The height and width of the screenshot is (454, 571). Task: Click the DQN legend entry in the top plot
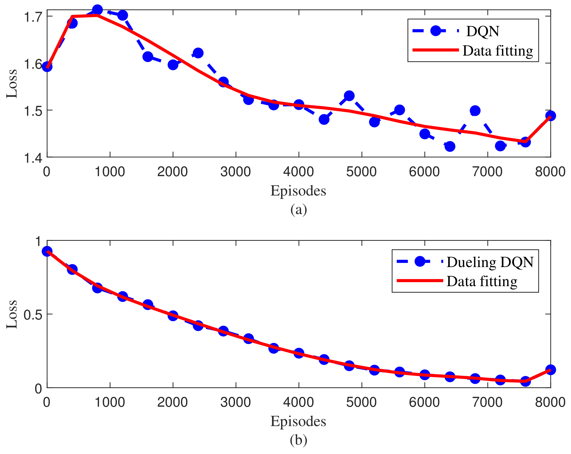point(482,31)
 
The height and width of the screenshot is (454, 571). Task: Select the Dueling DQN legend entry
point(490,262)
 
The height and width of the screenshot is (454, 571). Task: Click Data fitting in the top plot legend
point(497,51)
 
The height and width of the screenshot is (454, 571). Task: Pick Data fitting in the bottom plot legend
point(482,281)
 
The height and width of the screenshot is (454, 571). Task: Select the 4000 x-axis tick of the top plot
point(298,172)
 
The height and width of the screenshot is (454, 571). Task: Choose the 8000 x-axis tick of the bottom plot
point(550,402)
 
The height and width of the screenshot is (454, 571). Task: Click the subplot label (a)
point(298,210)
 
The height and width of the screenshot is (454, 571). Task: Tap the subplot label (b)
point(298,440)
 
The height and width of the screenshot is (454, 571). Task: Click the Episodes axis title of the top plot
point(298,191)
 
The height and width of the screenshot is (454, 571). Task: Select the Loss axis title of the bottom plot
point(12,314)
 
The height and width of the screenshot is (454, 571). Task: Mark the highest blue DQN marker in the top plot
point(97,10)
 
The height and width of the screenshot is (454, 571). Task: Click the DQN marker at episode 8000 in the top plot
point(550,116)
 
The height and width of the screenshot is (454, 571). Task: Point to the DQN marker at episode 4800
point(349,96)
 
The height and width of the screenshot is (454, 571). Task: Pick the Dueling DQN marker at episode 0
point(47,251)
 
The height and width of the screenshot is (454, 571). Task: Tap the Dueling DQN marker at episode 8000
point(550,370)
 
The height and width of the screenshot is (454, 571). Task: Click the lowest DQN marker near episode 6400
point(450,146)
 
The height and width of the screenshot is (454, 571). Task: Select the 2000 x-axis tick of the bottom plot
point(172,402)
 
